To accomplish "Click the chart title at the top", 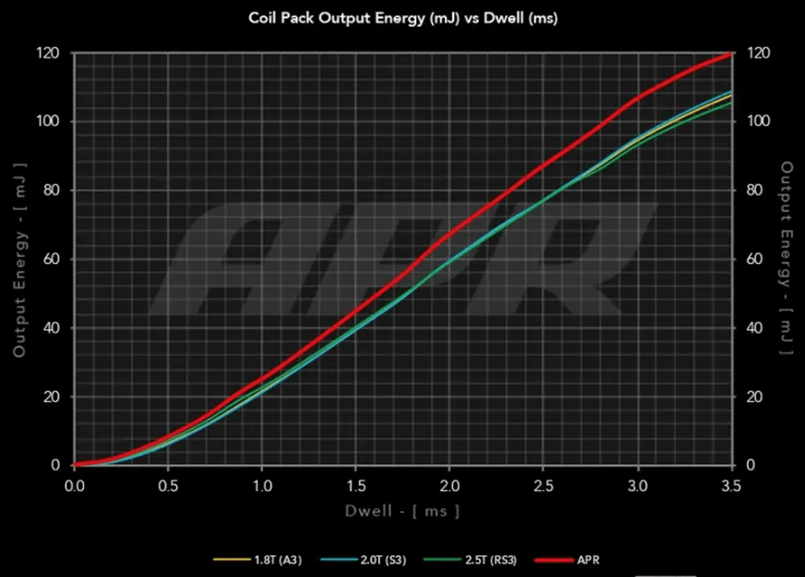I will click(x=403, y=18).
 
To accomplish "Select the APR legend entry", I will click(x=587, y=561).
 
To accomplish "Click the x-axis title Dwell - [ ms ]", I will click(x=401, y=511).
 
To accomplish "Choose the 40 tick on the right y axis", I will click(x=751, y=328).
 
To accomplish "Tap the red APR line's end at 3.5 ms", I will click(x=730, y=54).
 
